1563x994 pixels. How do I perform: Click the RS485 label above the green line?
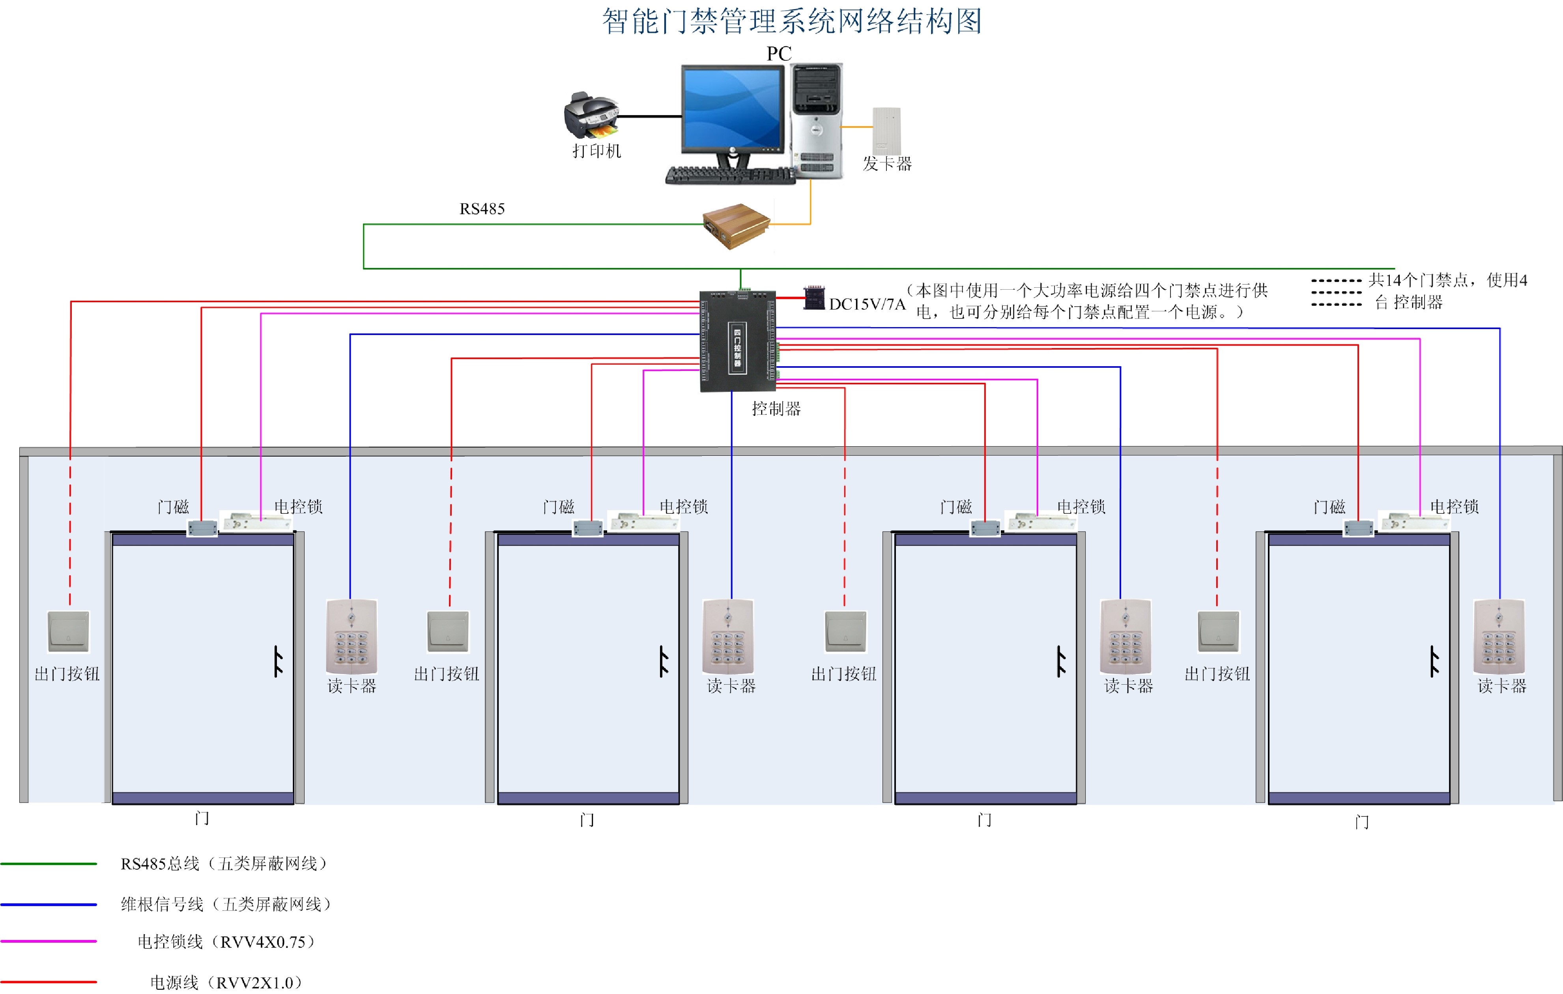[482, 209]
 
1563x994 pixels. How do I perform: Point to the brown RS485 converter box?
[737, 226]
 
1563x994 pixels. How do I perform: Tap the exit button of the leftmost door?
[69, 631]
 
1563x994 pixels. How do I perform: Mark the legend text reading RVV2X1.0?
[226, 982]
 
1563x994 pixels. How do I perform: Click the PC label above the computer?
[779, 54]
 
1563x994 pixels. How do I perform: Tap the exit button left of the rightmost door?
[1218, 631]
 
